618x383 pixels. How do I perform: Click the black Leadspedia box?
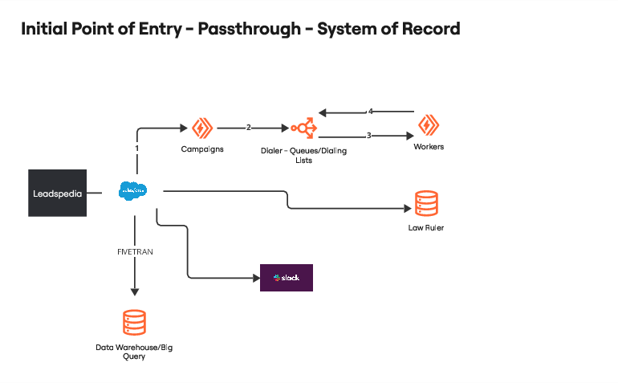click(57, 193)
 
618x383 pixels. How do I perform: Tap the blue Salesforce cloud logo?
click(133, 191)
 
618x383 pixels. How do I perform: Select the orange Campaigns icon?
click(200, 128)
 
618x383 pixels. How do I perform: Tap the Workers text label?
click(429, 147)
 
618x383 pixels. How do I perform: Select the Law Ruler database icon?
click(425, 204)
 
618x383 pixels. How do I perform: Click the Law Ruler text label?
click(425, 228)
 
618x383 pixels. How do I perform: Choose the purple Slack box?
click(286, 277)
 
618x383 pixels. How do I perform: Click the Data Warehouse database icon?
click(134, 323)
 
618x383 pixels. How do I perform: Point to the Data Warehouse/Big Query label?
click(134, 351)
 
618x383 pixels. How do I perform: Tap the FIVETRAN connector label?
click(134, 252)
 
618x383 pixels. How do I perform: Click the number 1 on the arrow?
click(137, 149)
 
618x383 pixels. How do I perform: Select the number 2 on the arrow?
click(249, 128)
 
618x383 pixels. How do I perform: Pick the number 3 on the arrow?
click(368, 136)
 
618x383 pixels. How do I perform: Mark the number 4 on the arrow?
click(370, 111)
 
